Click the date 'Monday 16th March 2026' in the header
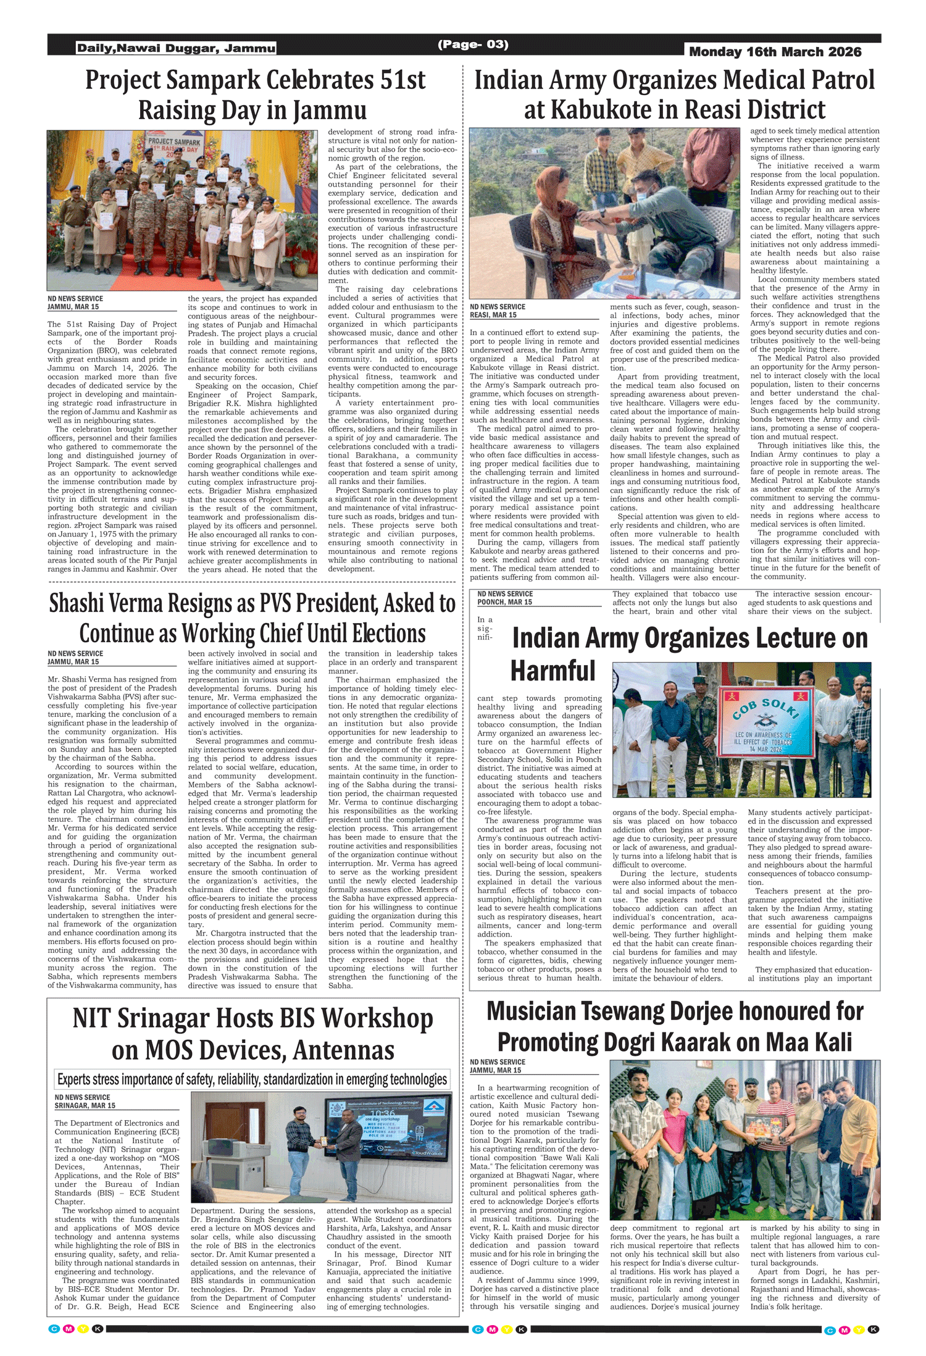[x=775, y=52]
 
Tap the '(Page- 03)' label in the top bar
[x=473, y=44]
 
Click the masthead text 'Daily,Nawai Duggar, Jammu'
[x=176, y=48]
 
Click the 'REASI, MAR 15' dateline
[x=493, y=315]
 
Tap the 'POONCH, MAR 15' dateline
[x=504, y=602]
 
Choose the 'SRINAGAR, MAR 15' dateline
[x=85, y=1105]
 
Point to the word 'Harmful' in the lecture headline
[x=553, y=671]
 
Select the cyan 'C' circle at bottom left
[x=54, y=1329]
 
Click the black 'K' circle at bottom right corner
[x=873, y=1329]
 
